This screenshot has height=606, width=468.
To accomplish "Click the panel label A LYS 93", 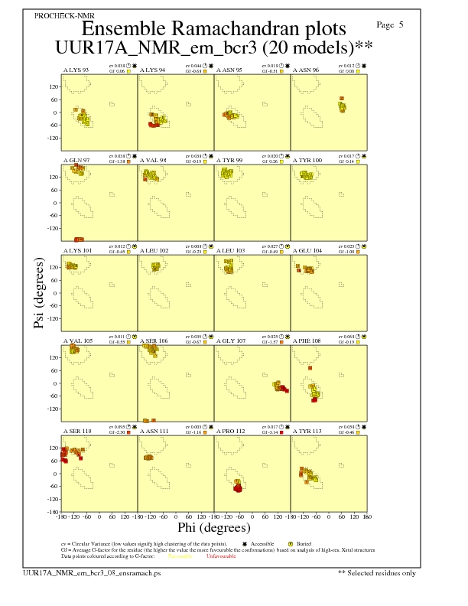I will coord(75,70).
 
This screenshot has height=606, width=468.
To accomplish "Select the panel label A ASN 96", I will coord(305,70).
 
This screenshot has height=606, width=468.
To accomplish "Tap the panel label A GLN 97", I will coord(76,160).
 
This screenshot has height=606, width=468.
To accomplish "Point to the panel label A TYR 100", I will coord(307,160).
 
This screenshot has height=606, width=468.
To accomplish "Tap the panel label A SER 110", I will coord(75,431).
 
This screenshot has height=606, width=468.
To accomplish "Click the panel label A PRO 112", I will coord(230,431).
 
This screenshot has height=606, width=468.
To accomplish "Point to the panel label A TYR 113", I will coord(307,431).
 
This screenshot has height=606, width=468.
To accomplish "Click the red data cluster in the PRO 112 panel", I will coord(238,487).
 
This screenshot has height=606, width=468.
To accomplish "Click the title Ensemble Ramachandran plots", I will coord(213,29).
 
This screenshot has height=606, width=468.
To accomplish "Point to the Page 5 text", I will coord(390,25).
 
